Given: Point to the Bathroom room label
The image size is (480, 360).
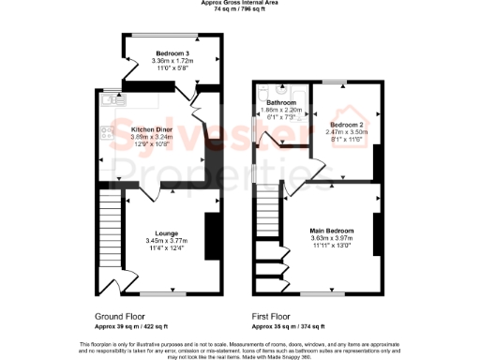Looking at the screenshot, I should point(281,102).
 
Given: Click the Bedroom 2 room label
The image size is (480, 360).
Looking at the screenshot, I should point(346,124).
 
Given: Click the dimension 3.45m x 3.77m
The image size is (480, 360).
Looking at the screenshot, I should point(168,240).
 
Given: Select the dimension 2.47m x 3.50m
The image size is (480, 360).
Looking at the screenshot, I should point(346,132).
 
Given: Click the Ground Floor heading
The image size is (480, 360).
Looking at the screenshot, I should point(120,317).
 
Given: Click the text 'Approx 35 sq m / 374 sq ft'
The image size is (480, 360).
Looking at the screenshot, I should point(289,327).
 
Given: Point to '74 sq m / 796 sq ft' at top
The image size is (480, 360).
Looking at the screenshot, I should point(239,8).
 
